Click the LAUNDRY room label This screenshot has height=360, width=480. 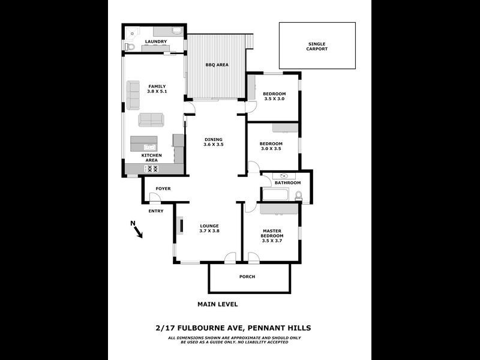(x=156, y=41)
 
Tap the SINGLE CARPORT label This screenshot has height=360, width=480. (x=317, y=47)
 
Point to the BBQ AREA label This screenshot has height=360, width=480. (x=217, y=65)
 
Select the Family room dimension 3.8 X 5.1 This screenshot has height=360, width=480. (x=157, y=92)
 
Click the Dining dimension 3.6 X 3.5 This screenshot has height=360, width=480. (x=214, y=145)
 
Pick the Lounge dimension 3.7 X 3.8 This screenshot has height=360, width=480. (x=209, y=231)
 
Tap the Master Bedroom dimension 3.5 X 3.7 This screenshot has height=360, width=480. (x=272, y=241)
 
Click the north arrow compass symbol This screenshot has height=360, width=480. (x=137, y=229)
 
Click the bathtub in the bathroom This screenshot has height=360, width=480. (x=275, y=194)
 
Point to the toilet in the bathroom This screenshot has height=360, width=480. (x=298, y=196)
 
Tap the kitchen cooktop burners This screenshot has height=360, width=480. (x=152, y=169)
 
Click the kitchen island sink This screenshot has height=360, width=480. (x=149, y=147)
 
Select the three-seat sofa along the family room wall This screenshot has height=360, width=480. (x=133, y=95)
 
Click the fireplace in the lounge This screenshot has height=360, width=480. (x=181, y=226)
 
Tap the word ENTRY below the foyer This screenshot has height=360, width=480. (x=156, y=211)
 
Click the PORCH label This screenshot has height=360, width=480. (x=247, y=277)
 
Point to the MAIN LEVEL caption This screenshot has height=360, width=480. (x=217, y=304)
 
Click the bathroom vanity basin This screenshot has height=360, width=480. (x=284, y=176)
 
